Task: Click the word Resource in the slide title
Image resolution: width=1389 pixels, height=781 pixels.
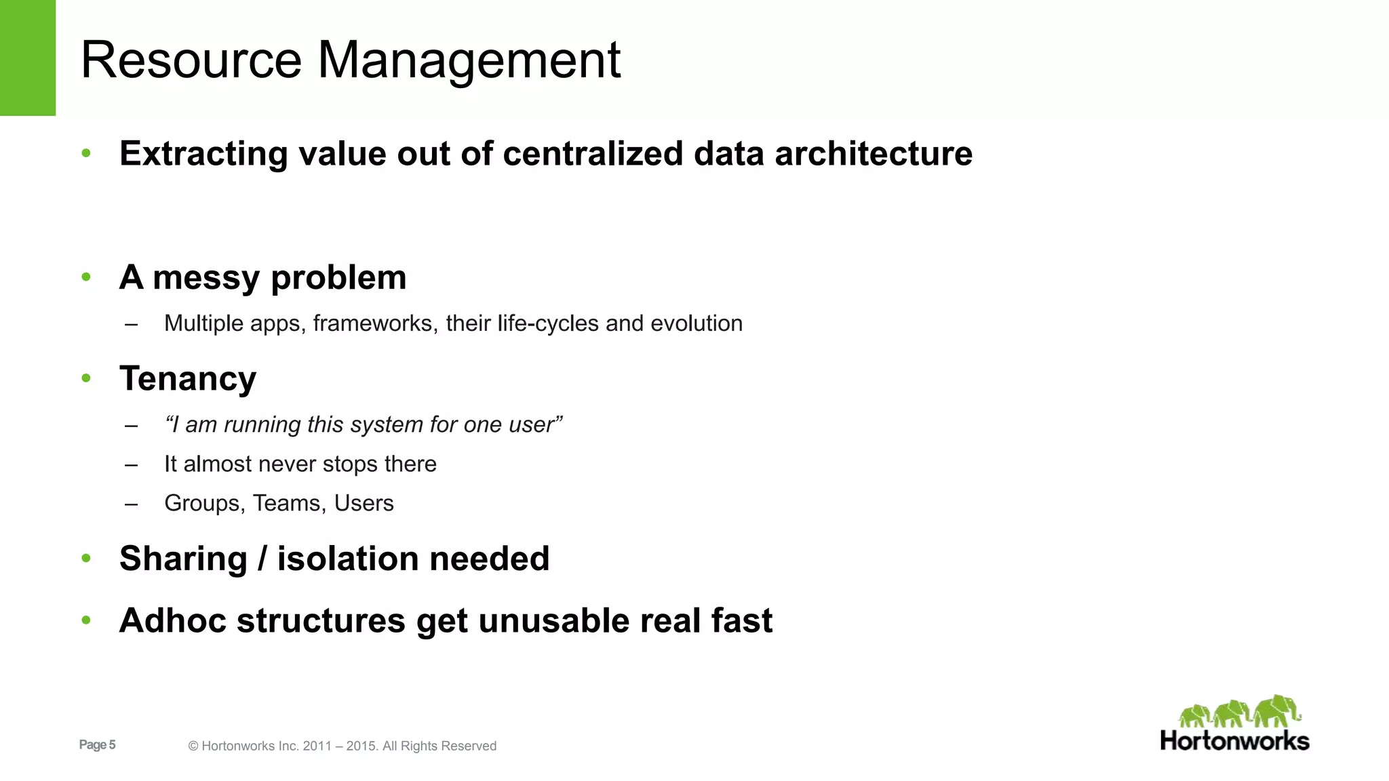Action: point(191,60)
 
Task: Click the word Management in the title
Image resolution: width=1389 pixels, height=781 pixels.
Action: point(469,60)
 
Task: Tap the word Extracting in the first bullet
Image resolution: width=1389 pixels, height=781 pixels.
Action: point(203,154)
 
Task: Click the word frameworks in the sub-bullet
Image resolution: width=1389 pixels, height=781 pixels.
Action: point(372,323)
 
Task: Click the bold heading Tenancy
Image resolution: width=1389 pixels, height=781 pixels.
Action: point(188,378)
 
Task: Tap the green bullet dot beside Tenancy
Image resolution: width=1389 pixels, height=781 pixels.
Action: point(86,378)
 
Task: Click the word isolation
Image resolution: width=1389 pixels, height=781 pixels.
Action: point(348,559)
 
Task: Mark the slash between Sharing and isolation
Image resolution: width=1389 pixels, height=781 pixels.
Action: point(262,559)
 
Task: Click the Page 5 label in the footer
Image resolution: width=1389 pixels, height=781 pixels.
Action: point(97,745)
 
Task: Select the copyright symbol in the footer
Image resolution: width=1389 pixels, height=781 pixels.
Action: point(193,746)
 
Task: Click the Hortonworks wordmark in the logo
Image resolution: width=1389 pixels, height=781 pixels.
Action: point(1234,741)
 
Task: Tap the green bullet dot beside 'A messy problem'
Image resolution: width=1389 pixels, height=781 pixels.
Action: point(86,277)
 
